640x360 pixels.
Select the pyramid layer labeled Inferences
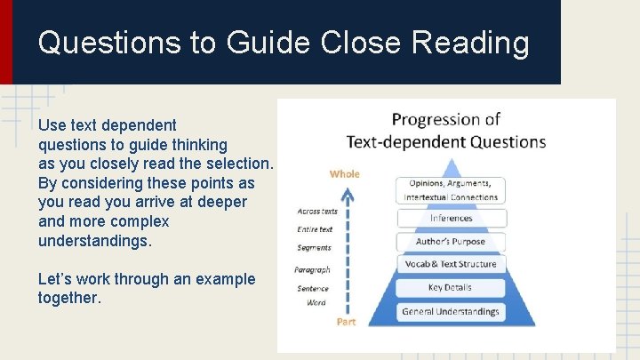pyautogui.click(x=451, y=218)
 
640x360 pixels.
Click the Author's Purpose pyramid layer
pyautogui.click(x=451, y=241)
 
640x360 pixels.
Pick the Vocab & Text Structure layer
pyautogui.click(x=451, y=264)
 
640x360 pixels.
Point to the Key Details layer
pyautogui.click(x=451, y=288)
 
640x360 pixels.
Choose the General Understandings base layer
pyautogui.click(x=451, y=312)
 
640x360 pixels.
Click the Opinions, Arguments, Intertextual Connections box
pyautogui.click(x=451, y=189)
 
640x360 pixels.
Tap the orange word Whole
pyautogui.click(x=345, y=174)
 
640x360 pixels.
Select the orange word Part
pyautogui.click(x=346, y=322)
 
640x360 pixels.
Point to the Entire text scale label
pyautogui.click(x=315, y=229)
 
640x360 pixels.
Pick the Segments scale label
pyautogui.click(x=315, y=248)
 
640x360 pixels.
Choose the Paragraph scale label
pyautogui.click(x=313, y=269)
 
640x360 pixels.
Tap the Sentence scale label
pyautogui.click(x=314, y=288)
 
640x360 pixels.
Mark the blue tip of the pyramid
pyautogui.click(x=452, y=166)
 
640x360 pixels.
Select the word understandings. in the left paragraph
pyautogui.click(x=95, y=241)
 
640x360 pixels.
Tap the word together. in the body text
pyautogui.click(x=69, y=298)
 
